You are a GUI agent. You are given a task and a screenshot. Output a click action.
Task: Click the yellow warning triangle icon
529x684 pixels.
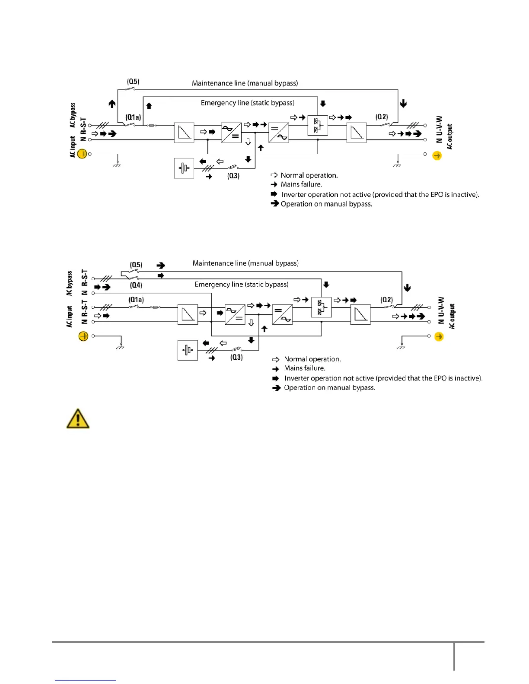click(x=78, y=418)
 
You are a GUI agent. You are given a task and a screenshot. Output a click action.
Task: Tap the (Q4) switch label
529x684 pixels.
click(x=136, y=285)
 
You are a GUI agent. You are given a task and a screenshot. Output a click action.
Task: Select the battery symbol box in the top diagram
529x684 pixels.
click(x=184, y=168)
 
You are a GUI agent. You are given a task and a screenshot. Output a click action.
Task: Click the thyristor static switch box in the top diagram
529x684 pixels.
click(x=318, y=125)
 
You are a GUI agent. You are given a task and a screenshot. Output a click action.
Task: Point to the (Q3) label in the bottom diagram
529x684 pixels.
click(x=236, y=357)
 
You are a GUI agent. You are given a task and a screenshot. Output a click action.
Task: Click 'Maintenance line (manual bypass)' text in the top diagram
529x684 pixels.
click(x=245, y=83)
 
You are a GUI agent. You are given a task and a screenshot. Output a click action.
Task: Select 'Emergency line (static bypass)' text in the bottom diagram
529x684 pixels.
click(x=242, y=284)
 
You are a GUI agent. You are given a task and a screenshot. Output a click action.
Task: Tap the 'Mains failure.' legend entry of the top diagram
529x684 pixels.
click(x=301, y=184)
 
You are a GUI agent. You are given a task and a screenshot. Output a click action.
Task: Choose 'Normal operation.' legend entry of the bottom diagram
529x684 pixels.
click(x=312, y=359)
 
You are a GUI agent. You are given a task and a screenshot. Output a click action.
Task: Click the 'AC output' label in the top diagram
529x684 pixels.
click(x=449, y=137)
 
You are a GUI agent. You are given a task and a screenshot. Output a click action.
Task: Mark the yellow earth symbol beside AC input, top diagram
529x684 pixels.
click(x=82, y=153)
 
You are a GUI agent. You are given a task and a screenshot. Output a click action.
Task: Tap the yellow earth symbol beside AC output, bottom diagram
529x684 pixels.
click(x=439, y=336)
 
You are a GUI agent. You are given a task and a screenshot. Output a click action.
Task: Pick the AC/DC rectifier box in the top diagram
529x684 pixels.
click(x=231, y=133)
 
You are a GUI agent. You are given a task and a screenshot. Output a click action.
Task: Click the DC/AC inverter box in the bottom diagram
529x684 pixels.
click(x=282, y=315)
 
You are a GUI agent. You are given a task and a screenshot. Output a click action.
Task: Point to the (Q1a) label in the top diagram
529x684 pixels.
click(x=133, y=117)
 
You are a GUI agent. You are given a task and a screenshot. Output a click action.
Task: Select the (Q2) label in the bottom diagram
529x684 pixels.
click(x=387, y=300)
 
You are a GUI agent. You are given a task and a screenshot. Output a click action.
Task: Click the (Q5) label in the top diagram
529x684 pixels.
click(x=133, y=82)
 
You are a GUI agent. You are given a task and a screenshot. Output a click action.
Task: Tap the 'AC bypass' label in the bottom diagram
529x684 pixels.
click(x=70, y=283)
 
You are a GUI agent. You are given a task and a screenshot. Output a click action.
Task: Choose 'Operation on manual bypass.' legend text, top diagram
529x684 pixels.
click(x=326, y=204)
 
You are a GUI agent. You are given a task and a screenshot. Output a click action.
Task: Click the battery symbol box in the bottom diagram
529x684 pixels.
click(x=188, y=350)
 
